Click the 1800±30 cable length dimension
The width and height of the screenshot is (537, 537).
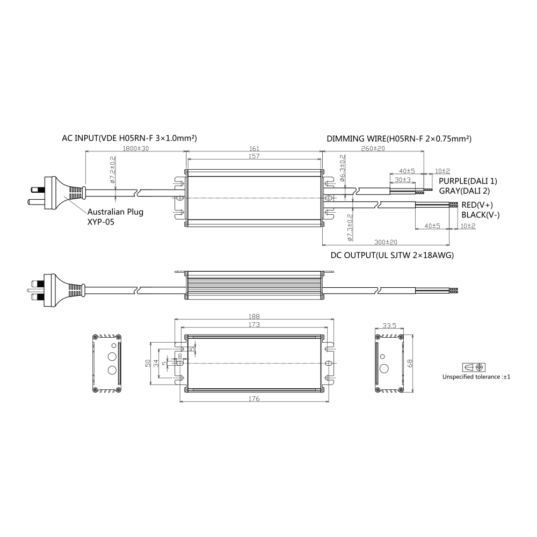click(136, 148)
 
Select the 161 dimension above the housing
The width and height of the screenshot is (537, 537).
click(255, 148)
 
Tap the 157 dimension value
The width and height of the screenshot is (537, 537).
click(255, 156)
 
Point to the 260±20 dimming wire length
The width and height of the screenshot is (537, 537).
click(373, 148)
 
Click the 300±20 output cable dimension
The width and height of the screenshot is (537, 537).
click(386, 242)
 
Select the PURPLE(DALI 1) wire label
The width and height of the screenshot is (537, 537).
click(468, 181)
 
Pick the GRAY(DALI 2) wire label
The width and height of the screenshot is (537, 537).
click(465, 191)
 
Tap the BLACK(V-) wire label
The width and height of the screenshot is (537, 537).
click(480, 215)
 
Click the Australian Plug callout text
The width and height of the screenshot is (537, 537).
click(115, 212)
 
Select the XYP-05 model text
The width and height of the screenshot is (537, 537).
click(101, 221)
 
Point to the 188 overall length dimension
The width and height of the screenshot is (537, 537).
click(255, 316)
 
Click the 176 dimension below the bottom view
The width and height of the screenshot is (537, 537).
click(255, 399)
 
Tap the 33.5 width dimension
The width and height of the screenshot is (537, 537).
click(389, 325)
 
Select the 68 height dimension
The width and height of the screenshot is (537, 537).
click(410, 364)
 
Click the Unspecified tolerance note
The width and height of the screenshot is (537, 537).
click(476, 377)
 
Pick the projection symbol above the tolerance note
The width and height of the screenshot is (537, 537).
click(475, 367)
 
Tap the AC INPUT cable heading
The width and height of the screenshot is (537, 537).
click(129, 138)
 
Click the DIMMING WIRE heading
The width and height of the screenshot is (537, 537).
click(399, 138)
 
